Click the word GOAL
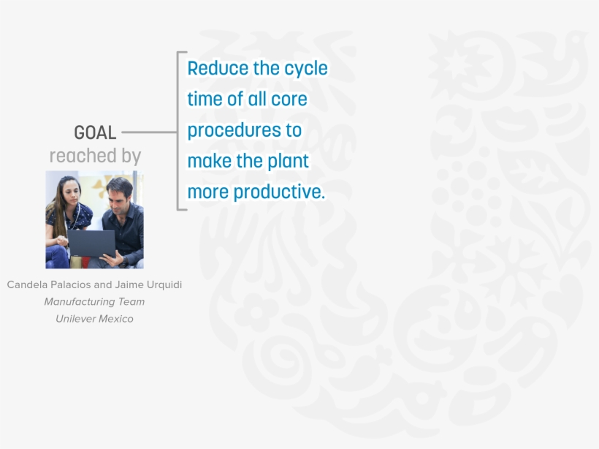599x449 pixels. [95, 132]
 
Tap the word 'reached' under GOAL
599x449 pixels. [83, 155]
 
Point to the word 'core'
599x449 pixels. [289, 99]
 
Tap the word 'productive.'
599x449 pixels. [279, 192]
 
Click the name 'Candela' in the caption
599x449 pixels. [27, 284]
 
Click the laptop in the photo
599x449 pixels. [92, 244]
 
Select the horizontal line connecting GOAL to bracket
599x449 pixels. [149, 132]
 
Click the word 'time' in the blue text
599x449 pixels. [205, 99]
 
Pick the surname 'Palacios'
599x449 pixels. [71, 284]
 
